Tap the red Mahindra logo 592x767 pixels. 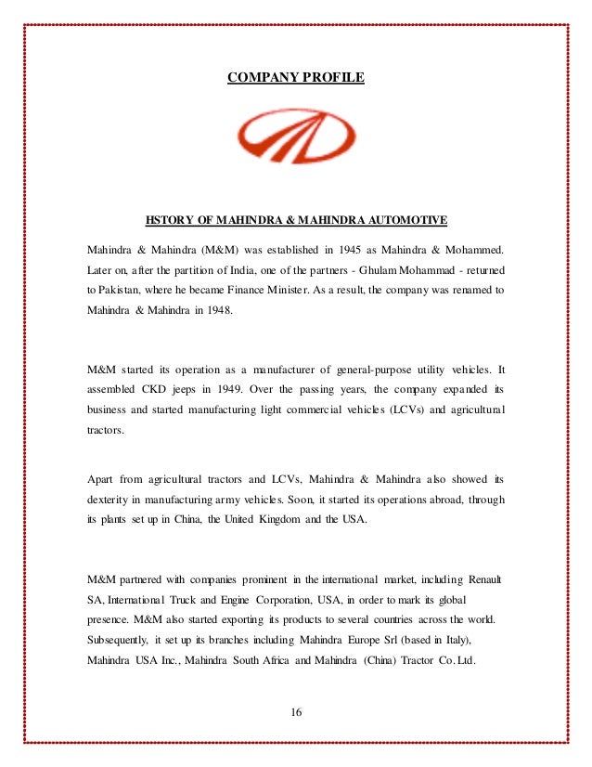point(296,140)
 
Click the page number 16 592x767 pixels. point(296,713)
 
